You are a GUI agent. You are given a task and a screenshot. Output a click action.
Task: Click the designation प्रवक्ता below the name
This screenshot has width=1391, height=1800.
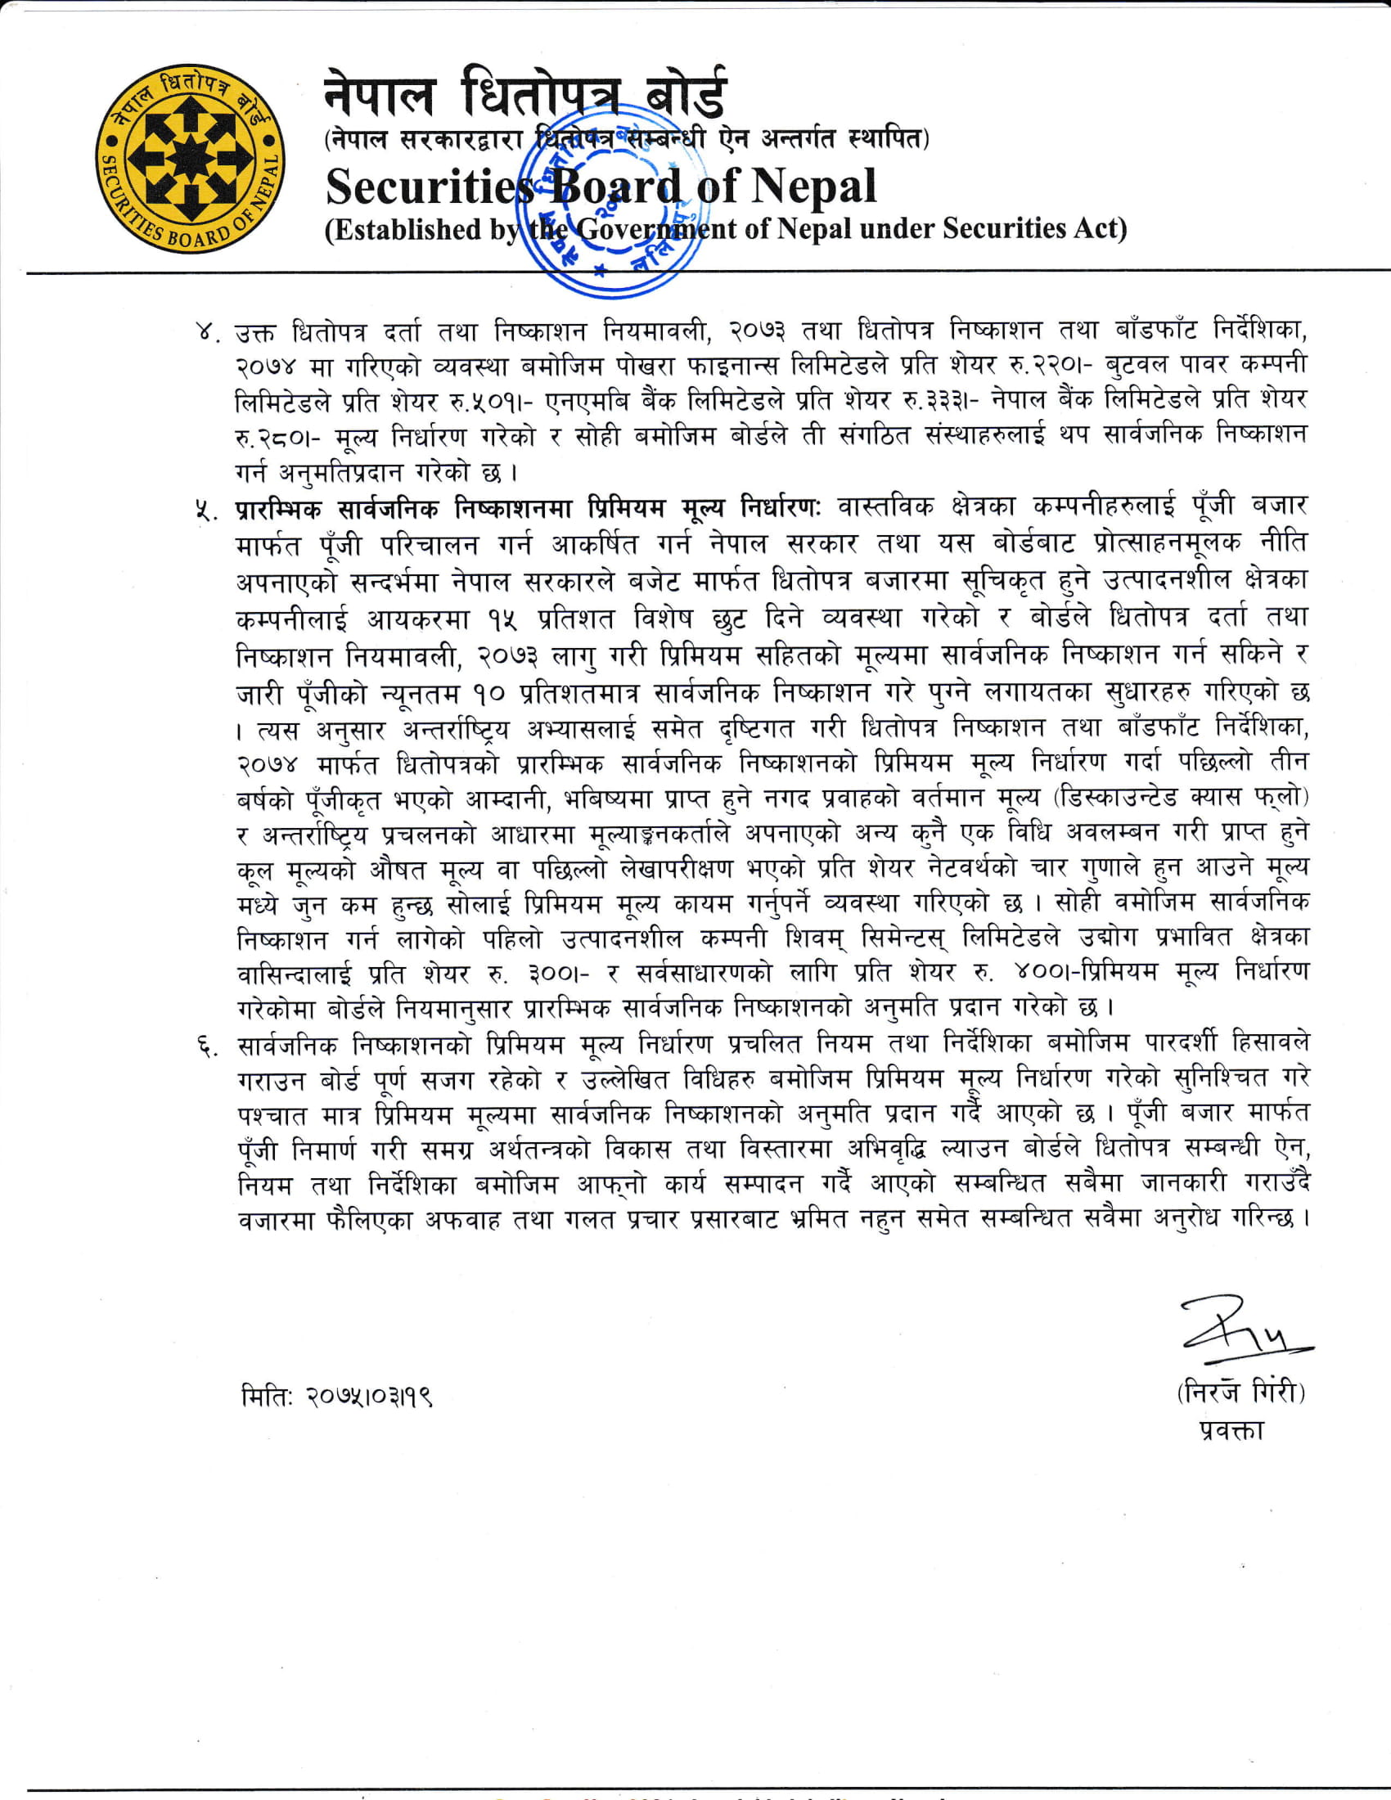(1232, 1432)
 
